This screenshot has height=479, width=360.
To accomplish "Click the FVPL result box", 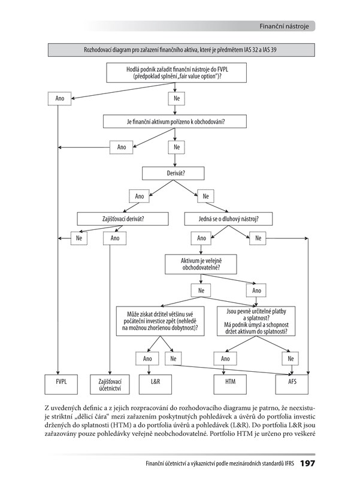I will click(58, 381).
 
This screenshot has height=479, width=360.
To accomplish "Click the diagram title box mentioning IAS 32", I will click(180, 50).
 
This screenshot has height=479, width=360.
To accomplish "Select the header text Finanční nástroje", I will click(284, 26).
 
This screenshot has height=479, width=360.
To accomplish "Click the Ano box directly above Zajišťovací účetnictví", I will click(115, 238).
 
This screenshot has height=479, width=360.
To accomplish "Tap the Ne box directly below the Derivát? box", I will click(206, 196).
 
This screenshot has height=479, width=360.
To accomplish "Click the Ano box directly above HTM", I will click(225, 359).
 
